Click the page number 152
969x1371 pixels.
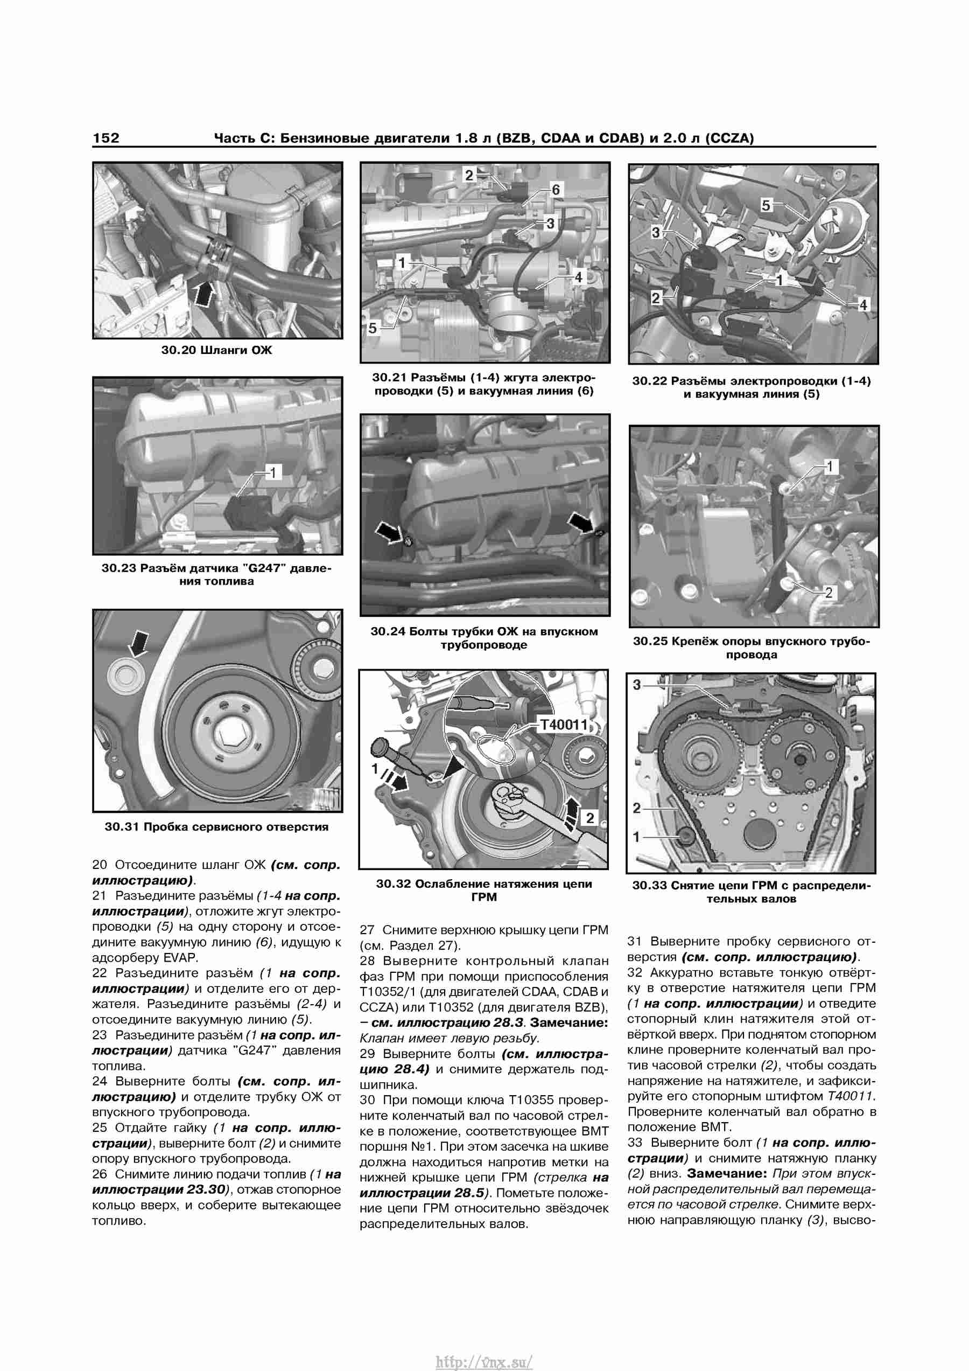click(106, 138)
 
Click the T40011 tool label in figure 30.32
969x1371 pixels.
click(564, 725)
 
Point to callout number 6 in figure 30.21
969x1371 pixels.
click(556, 190)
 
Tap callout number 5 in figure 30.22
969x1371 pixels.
click(766, 205)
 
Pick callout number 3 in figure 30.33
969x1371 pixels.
click(637, 685)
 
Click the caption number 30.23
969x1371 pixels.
click(120, 568)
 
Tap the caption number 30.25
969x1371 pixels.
click(651, 641)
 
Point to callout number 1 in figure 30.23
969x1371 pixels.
click(273, 473)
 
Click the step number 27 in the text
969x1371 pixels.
click(367, 930)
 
